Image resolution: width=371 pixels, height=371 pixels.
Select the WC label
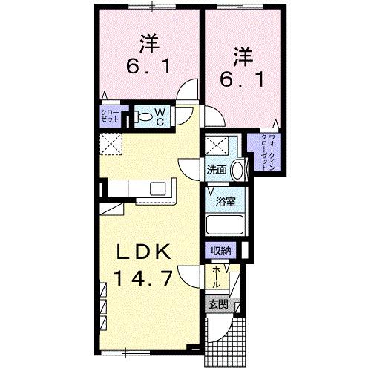pos(161,116)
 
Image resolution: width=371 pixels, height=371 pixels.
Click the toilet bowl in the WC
pos(142,117)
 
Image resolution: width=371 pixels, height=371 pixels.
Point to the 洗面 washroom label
pos(217,169)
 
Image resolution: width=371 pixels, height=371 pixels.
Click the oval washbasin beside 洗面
pos(237,170)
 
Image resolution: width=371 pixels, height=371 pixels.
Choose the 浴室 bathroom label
pos(223,200)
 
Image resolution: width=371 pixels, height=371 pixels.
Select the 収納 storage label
pos(221,251)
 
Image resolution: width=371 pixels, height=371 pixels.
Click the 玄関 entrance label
pos(216,303)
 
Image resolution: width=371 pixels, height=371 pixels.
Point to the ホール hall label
pos(216,280)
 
